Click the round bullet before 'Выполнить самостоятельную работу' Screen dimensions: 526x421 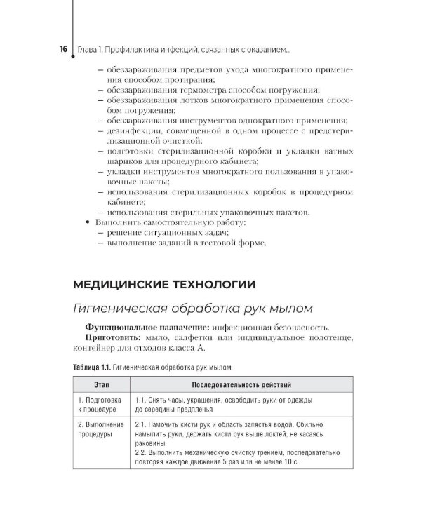pyautogui.click(x=88, y=222)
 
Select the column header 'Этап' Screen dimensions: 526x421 pyautogui.click(x=100, y=385)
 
